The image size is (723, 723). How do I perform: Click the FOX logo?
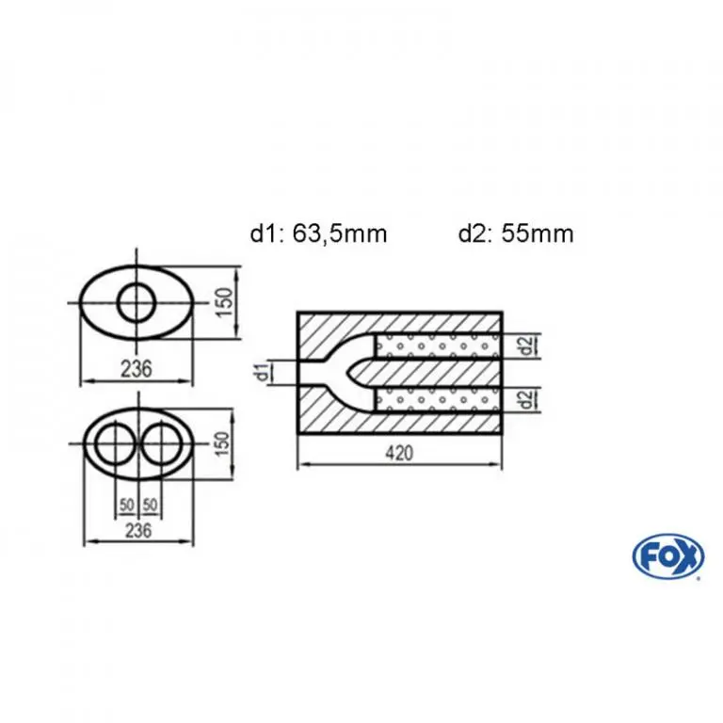click(x=668, y=556)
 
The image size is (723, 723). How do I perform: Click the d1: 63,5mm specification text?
click(x=318, y=233)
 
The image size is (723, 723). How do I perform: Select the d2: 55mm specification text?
click(x=516, y=233)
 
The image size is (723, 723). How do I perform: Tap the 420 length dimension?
click(x=399, y=453)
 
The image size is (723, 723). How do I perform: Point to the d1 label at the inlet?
click(x=263, y=373)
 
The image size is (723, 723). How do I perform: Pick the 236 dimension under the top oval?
click(x=136, y=369)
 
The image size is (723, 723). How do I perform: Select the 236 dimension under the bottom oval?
click(x=138, y=530)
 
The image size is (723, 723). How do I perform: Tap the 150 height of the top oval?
click(x=225, y=302)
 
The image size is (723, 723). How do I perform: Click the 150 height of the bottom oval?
click(x=223, y=443)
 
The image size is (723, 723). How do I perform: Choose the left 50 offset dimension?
click(x=127, y=506)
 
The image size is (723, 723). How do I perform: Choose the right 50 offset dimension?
click(x=150, y=506)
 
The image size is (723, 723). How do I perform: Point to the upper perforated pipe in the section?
click(x=438, y=345)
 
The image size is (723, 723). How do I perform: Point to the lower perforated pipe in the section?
click(x=438, y=399)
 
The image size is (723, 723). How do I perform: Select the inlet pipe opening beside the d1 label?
click(x=298, y=373)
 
